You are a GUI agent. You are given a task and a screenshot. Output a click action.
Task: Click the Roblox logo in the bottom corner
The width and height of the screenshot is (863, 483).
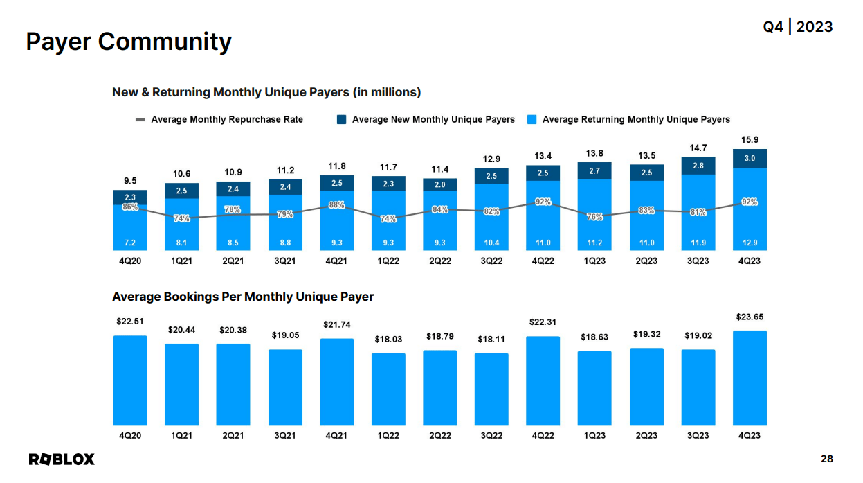[62, 459]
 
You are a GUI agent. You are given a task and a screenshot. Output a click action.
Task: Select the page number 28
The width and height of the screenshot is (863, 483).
[826, 459]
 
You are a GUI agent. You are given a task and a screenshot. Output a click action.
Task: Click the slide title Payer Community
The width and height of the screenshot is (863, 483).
[129, 42]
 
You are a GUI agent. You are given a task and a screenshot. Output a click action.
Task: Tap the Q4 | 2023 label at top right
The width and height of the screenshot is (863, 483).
[797, 27]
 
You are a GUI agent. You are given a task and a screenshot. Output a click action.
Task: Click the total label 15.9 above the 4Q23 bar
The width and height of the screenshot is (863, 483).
[750, 140]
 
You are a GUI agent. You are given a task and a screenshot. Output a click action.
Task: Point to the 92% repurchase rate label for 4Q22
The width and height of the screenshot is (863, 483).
[543, 202]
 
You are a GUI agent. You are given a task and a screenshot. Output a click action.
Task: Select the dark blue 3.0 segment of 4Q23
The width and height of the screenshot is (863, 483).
[750, 159]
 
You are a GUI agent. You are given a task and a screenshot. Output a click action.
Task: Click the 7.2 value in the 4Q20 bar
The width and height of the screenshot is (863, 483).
[130, 243]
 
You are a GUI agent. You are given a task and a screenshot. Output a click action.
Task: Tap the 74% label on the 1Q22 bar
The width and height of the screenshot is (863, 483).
[388, 219]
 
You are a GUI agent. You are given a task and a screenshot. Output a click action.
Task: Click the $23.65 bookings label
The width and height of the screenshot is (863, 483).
[750, 317]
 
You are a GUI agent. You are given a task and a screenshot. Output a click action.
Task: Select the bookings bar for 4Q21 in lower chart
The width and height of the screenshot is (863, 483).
[336, 382]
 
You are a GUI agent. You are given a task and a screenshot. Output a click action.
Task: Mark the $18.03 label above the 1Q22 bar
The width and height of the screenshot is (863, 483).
[388, 339]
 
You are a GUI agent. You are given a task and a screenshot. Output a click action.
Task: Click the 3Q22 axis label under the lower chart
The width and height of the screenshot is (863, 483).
[491, 435]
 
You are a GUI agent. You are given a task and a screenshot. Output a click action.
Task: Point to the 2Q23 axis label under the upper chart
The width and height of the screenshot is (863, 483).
[646, 261]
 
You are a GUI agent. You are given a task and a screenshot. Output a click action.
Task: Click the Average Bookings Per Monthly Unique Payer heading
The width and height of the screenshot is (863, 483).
[243, 297]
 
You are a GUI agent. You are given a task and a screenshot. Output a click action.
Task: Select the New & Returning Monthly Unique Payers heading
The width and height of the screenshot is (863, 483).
[266, 92]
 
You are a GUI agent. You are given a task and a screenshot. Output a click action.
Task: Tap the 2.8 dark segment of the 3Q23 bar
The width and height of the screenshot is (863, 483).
[698, 166]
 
